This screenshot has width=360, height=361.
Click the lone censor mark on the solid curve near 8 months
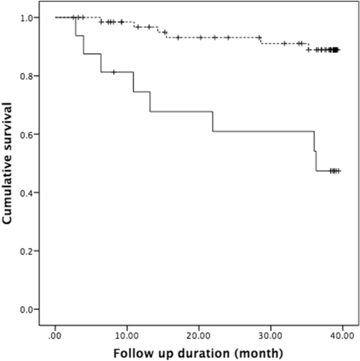114,72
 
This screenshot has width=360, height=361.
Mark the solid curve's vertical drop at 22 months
213,121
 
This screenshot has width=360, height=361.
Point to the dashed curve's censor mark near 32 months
284,44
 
